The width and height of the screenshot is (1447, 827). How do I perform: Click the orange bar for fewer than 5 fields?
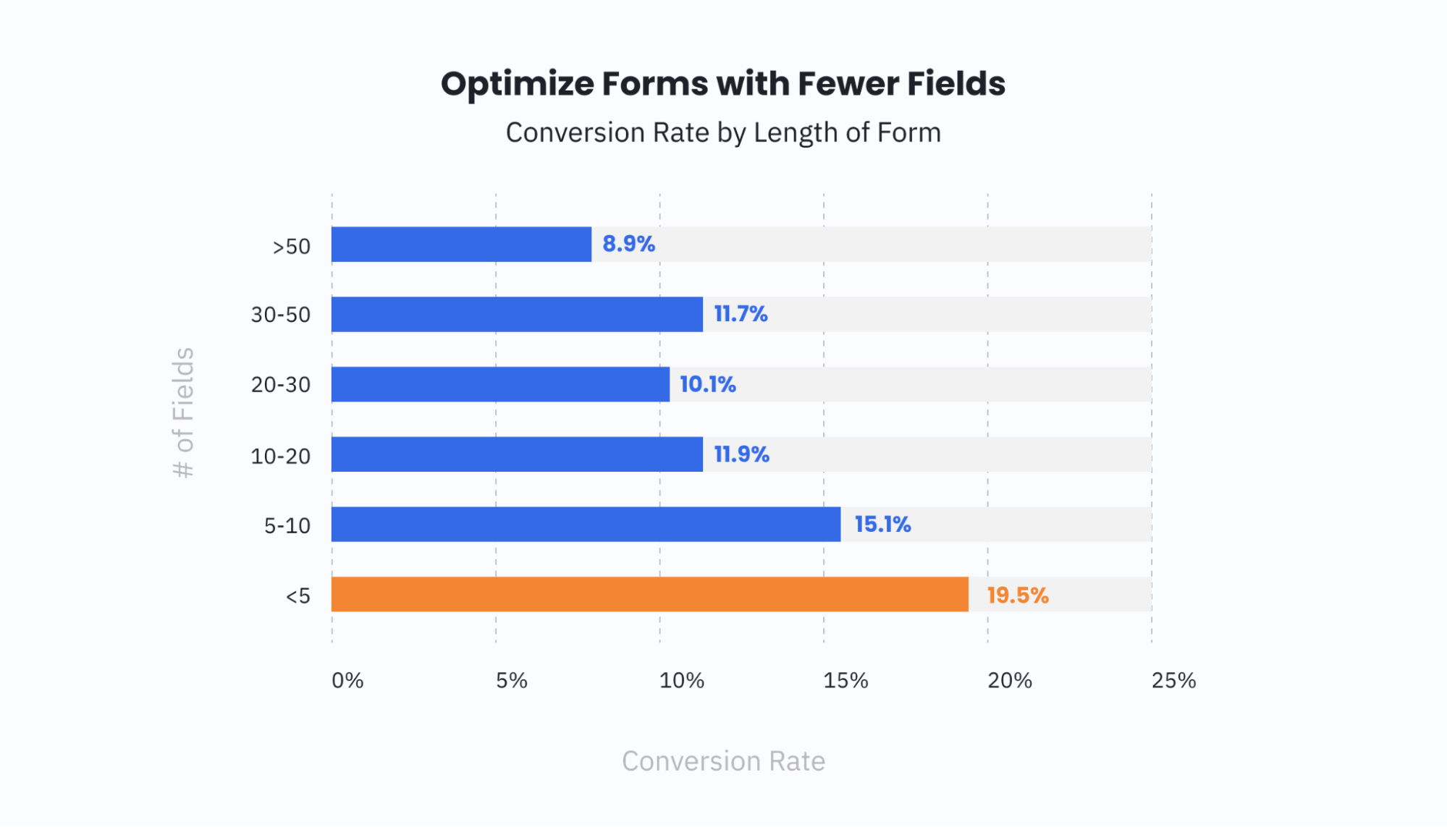pos(649,594)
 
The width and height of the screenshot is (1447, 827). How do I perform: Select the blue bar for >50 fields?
pos(461,245)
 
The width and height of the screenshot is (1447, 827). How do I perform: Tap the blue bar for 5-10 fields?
pos(586,524)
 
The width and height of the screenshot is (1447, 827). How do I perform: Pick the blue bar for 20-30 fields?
pos(500,384)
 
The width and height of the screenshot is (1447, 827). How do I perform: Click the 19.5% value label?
pos(1017,595)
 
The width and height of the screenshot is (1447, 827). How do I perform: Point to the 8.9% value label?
pos(628,245)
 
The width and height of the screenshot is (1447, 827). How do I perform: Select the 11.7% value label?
pos(740,314)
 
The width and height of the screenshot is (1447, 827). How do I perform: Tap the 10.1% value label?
pos(707,384)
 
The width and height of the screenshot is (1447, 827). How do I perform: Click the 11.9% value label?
pos(741,454)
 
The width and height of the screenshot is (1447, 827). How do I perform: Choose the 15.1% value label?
pos(882,525)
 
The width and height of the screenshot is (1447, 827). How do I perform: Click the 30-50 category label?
pos(281,315)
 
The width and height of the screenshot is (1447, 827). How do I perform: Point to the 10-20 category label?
pos(281,457)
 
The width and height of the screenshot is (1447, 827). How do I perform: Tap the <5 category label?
pos(298,596)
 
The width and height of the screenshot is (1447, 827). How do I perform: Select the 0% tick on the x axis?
pos(347,680)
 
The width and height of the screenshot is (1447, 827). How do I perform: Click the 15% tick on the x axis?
pos(845,680)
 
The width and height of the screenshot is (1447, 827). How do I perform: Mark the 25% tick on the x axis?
pos(1173,680)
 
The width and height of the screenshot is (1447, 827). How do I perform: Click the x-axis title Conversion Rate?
pos(723,761)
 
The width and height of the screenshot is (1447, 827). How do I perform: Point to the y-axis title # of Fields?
pos(184,412)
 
